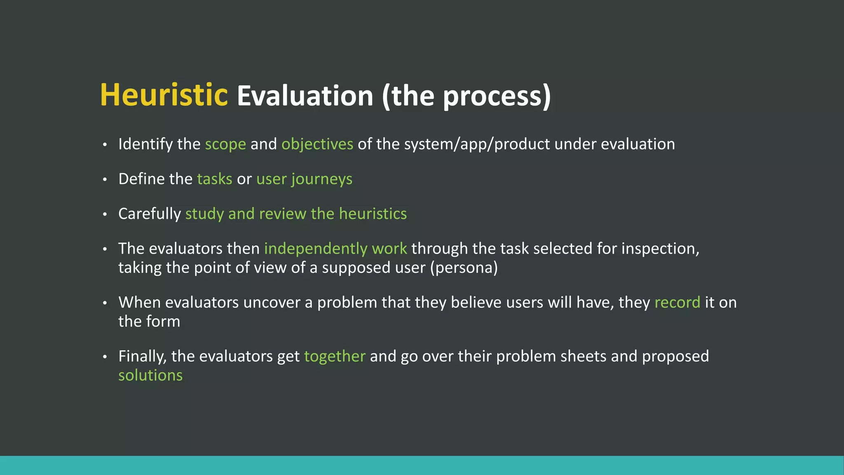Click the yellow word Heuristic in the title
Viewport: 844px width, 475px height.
[x=164, y=95]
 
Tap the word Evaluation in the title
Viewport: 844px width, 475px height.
[x=305, y=96]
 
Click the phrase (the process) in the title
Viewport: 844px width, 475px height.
[x=466, y=96]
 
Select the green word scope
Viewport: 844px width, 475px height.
[x=225, y=144]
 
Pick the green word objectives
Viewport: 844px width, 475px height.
[x=317, y=144]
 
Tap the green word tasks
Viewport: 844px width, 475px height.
[x=214, y=179]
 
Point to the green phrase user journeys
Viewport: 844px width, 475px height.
[x=304, y=179]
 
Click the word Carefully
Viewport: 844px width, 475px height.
[x=149, y=214]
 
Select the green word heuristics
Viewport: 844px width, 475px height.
[x=373, y=214]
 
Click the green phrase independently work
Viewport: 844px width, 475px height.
[x=335, y=249]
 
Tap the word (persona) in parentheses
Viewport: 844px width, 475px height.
[x=464, y=268]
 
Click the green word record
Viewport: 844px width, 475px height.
[x=677, y=303]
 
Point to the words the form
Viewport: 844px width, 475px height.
[x=149, y=322]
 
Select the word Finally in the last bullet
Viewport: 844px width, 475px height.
[x=142, y=357]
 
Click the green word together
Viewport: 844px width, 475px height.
[x=335, y=356]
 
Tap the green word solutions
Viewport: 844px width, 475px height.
[x=150, y=376]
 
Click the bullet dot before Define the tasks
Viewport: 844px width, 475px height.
[x=105, y=179]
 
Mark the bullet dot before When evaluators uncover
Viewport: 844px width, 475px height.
[x=105, y=303]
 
